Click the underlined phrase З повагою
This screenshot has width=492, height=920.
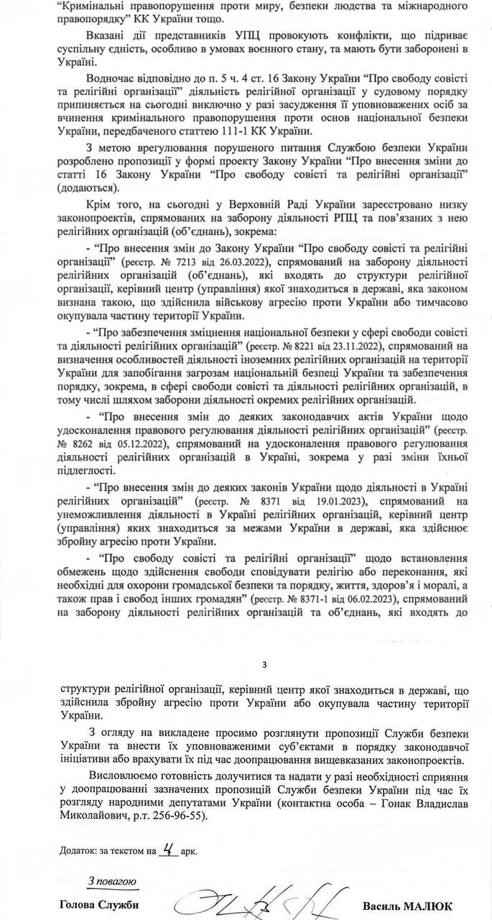[108, 880]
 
